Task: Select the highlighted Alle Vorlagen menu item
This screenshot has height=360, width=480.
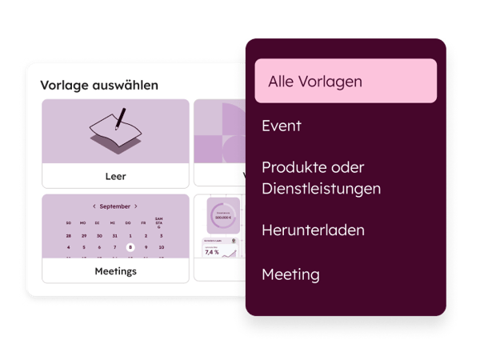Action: (346, 81)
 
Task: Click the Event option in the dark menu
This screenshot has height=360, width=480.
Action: (281, 126)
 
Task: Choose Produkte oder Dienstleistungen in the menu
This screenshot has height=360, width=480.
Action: (321, 178)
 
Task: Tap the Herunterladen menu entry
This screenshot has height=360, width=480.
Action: (313, 230)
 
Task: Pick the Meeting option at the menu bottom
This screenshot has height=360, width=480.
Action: (290, 274)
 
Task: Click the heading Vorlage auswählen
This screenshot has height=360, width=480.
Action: (99, 85)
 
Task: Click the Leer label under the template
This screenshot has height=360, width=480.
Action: (115, 176)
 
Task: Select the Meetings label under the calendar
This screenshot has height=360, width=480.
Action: (115, 271)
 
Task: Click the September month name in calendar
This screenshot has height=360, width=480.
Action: (115, 206)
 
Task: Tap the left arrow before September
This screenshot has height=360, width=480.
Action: (94, 206)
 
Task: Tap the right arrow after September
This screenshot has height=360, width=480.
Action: (136, 206)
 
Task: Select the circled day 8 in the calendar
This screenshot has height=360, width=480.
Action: (130, 248)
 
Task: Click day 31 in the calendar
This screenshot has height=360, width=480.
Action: (115, 236)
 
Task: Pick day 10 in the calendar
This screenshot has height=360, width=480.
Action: (162, 248)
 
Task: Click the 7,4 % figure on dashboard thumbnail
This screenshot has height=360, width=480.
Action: (212, 252)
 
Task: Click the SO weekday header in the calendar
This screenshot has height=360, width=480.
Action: (69, 222)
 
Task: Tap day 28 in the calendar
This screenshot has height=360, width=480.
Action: (69, 236)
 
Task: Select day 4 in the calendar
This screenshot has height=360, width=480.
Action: (69, 248)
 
